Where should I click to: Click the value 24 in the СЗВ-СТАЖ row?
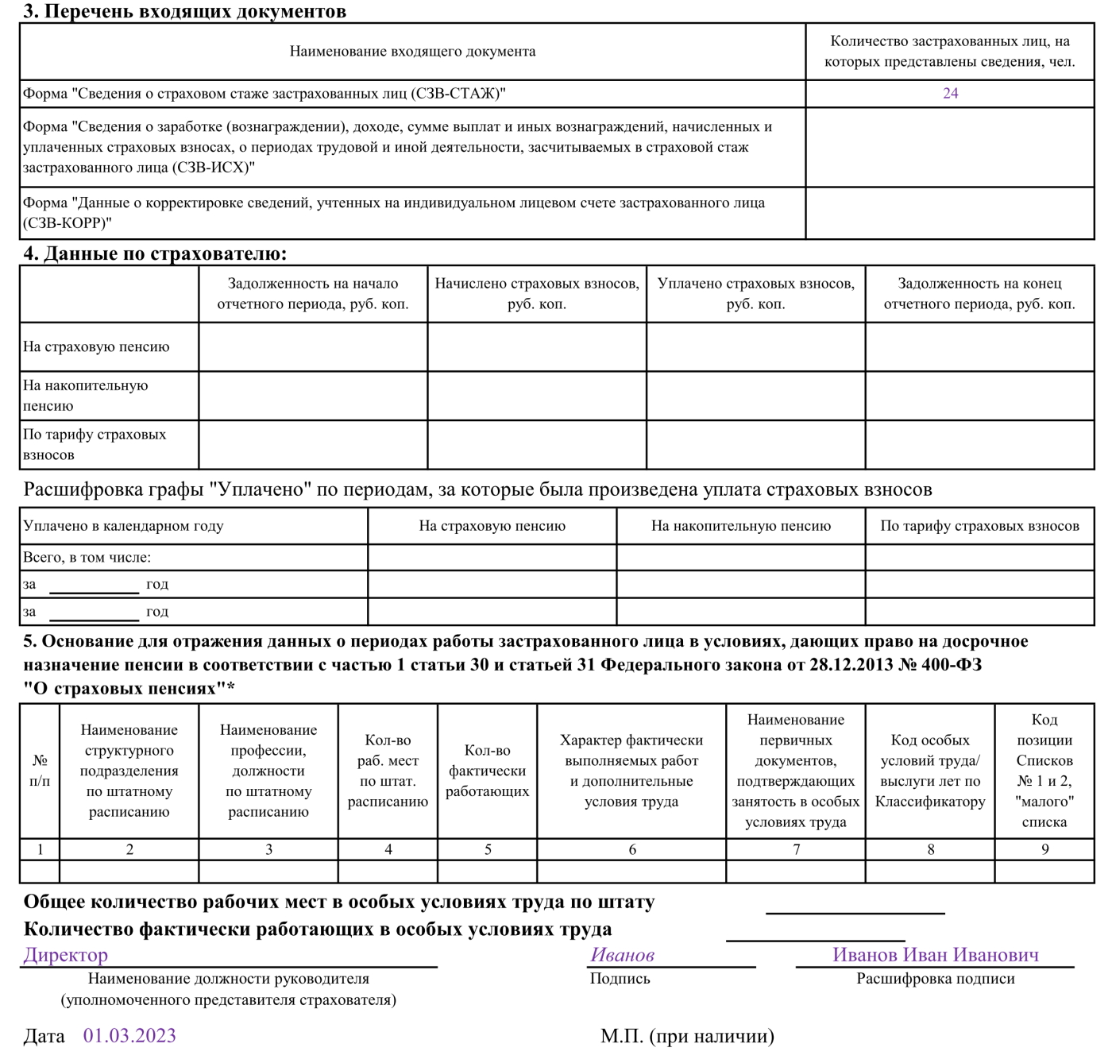pyautogui.click(x=950, y=94)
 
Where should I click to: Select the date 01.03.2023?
pyautogui.click(x=129, y=1035)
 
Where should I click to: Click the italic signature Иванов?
pyautogui.click(x=622, y=955)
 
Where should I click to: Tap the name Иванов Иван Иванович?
pyautogui.click(x=935, y=955)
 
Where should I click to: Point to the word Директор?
pyautogui.click(x=66, y=955)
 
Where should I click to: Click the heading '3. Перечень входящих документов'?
pyautogui.click(x=184, y=11)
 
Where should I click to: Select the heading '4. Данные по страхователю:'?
pyautogui.click(x=155, y=254)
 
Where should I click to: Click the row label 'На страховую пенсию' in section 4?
pyautogui.click(x=96, y=346)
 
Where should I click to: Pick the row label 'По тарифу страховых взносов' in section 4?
pyautogui.click(x=95, y=444)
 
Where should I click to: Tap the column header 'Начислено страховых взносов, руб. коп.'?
pyautogui.click(x=537, y=293)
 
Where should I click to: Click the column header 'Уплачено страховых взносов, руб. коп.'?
pyautogui.click(x=755, y=293)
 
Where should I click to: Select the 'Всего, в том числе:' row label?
pyautogui.click(x=87, y=558)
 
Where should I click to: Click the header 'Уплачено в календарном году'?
pyautogui.click(x=123, y=526)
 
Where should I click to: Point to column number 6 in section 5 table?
pyautogui.click(x=632, y=849)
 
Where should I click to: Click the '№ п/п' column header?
pyautogui.click(x=40, y=771)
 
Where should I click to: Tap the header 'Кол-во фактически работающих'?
pyautogui.click(x=487, y=771)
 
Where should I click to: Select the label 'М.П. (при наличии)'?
pyautogui.click(x=687, y=1036)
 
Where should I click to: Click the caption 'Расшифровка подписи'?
pyautogui.click(x=935, y=979)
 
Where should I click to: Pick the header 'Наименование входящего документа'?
pyautogui.click(x=412, y=52)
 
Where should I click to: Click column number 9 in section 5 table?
pyautogui.click(x=1044, y=849)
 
